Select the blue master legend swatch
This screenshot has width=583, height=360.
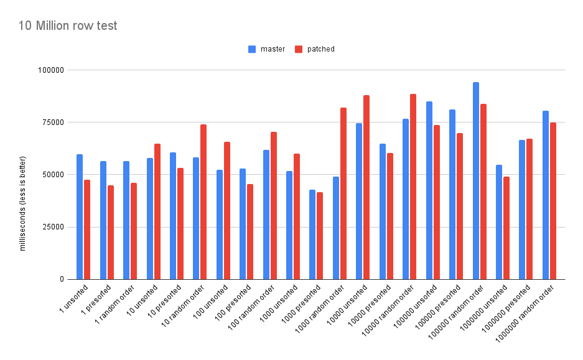pyautogui.click(x=251, y=49)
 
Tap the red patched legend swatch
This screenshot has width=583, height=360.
pyautogui.click(x=298, y=49)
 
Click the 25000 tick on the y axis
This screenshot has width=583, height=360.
pyautogui.click(x=53, y=227)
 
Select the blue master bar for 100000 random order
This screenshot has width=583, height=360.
pyautogui.click(x=476, y=180)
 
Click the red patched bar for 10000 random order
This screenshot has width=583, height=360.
pyautogui.click(x=413, y=187)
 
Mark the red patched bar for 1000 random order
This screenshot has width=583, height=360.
pyautogui.click(x=343, y=193)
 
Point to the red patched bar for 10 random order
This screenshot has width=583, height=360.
pyautogui.click(x=203, y=201)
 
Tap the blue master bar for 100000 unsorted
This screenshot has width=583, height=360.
pyautogui.click(x=429, y=190)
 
